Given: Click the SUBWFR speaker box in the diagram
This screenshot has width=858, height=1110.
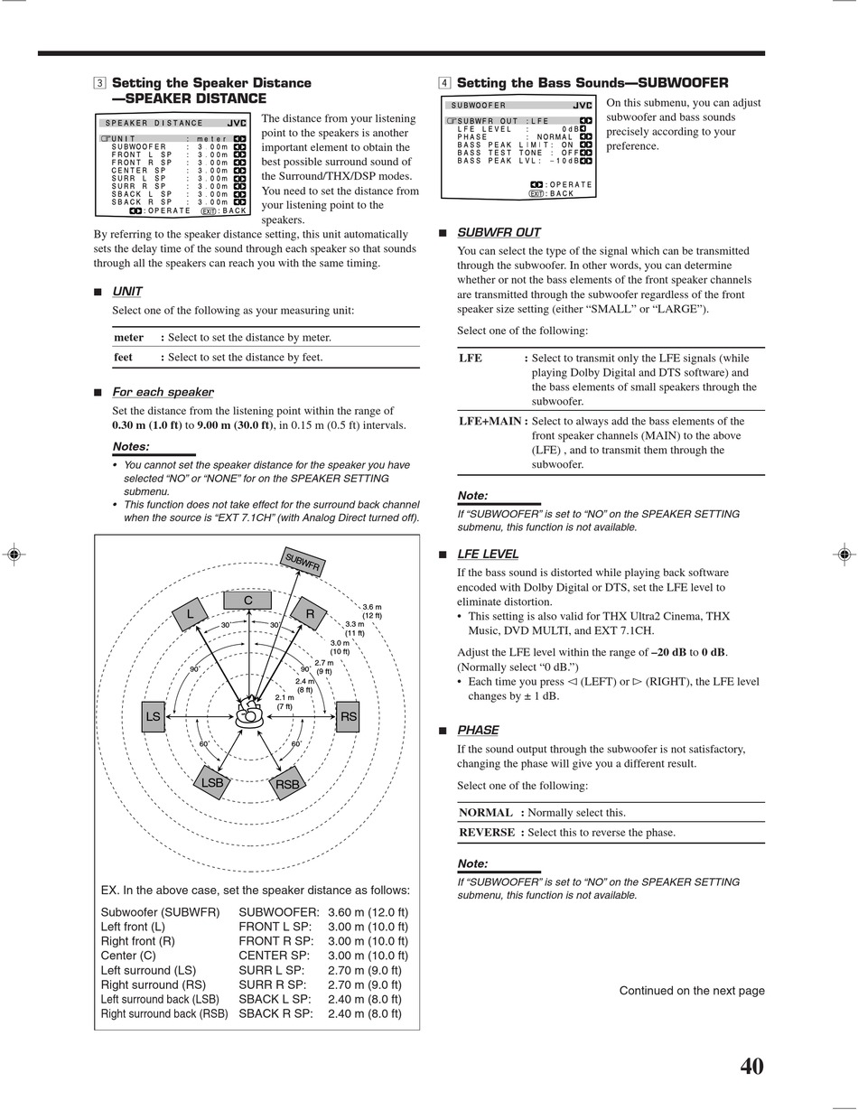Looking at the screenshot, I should coord(303,561).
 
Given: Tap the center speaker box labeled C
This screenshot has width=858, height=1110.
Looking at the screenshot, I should coord(247,601).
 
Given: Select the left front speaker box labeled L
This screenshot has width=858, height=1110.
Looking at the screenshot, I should coord(191,615).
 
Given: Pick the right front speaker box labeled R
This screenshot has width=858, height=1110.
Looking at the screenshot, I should coord(309,614).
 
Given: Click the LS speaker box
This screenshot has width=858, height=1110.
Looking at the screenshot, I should coord(153,717).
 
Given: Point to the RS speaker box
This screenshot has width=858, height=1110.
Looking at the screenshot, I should coord(348,717).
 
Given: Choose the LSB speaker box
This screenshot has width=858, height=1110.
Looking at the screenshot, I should coord(211,782).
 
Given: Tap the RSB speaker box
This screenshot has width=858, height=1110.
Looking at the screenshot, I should coord(287,784).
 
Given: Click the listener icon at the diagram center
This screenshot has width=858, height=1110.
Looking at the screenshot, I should coord(248,715).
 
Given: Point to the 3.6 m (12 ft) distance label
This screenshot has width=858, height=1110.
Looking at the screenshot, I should coord(372,611).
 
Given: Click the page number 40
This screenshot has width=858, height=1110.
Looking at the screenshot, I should coord(751,1067).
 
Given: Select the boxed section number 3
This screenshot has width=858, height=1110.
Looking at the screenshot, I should coord(98,83).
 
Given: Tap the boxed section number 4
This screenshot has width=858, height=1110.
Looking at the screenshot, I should coord(444,83).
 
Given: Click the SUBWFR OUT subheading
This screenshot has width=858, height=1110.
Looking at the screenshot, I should coord(499,232).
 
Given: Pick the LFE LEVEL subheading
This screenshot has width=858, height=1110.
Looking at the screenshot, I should coord(488,554).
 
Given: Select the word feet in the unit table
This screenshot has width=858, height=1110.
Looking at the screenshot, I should coord(123,357).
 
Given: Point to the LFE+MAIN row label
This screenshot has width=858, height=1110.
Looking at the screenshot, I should coord(490,421).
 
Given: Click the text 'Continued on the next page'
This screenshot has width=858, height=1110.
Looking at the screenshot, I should coord(691,991).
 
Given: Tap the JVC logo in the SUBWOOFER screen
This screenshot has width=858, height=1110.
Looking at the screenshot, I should coord(583,106).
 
